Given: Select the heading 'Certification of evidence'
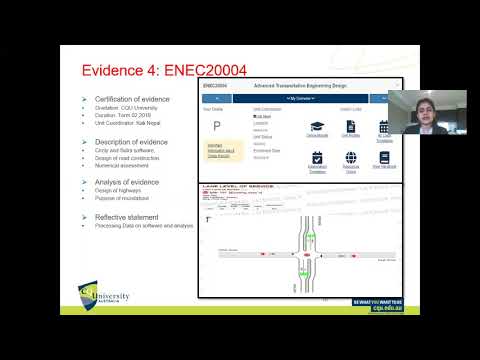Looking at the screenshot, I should pos(132,101).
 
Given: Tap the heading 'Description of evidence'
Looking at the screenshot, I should pos(131,143).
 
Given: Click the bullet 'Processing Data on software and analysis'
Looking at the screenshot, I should pos(142,226).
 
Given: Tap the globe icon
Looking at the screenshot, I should pos(351,158).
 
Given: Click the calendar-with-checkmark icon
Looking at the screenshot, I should pos(316,158).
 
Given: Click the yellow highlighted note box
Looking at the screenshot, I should pos(221,150).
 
